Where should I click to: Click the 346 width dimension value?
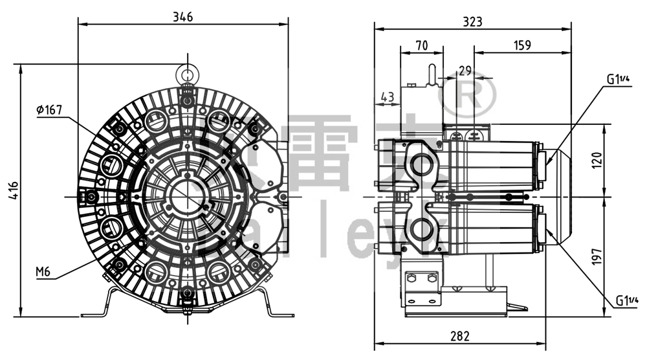tap(183, 17)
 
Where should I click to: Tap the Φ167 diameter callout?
tap(49, 110)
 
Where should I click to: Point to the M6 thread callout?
tap(43, 271)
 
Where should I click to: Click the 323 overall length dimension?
tap(472, 21)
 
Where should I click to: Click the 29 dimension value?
tap(465, 71)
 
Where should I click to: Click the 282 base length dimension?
tap(459, 336)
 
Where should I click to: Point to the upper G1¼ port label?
tap(618, 79)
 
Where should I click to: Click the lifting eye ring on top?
tap(188, 71)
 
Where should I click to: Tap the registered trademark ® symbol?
tap(467, 95)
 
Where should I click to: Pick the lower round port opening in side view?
tap(424, 228)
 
